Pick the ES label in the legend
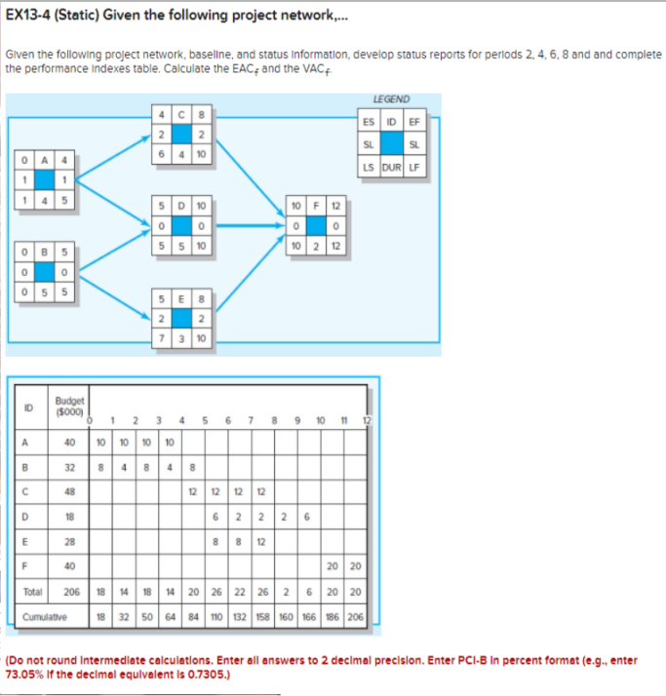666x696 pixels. click(368, 122)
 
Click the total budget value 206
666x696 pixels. click(69, 592)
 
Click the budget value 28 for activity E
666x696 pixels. click(69, 541)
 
